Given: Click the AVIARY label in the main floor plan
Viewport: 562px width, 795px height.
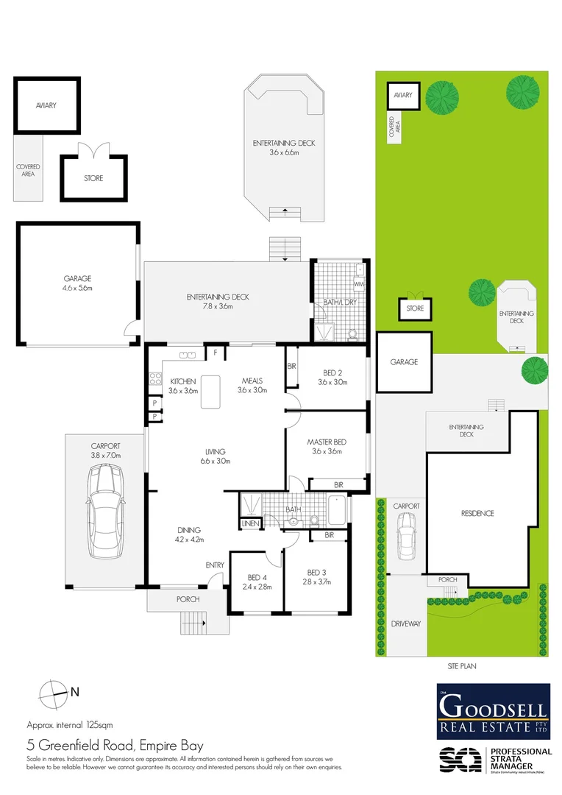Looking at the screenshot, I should point(46,105).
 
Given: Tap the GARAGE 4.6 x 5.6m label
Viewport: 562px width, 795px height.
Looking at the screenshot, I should point(77,283).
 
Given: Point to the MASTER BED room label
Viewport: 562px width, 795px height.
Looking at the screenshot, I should point(326,442).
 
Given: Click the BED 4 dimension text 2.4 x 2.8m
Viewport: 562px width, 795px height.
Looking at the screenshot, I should point(257,587).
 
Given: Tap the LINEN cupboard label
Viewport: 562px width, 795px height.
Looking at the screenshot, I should point(248,523).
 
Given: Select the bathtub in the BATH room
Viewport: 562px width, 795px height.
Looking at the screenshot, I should point(338,509).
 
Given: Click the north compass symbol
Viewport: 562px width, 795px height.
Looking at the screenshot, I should point(53,691).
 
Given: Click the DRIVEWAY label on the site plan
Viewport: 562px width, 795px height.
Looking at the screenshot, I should point(405,623).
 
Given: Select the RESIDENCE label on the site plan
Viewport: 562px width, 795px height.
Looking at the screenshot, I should point(477,513).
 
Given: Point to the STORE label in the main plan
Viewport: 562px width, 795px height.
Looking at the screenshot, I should point(93,178).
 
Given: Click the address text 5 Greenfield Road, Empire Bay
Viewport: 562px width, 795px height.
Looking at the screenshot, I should point(115,745).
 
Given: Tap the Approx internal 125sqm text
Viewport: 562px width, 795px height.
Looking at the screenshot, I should point(69,724).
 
